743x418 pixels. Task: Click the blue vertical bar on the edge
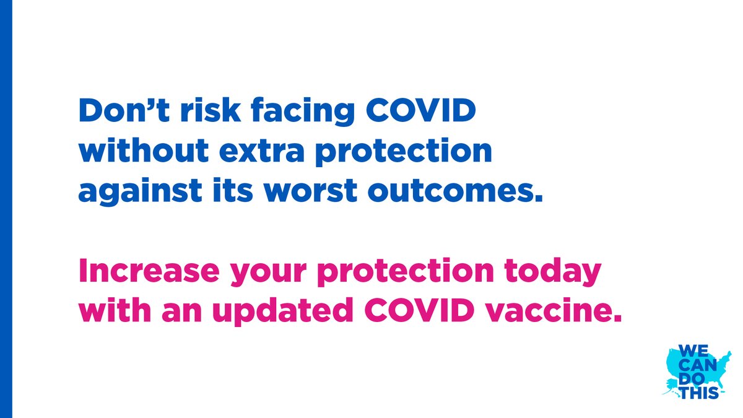click(6, 209)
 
